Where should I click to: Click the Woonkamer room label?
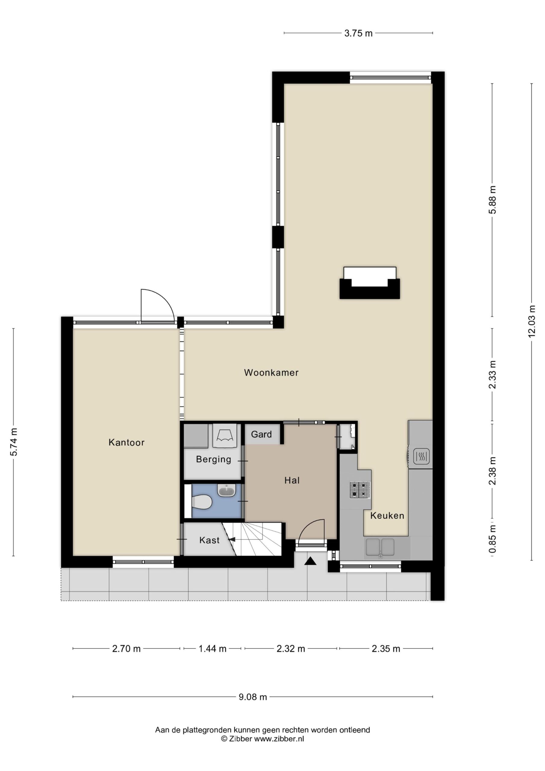(x=271, y=373)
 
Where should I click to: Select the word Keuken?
(x=387, y=515)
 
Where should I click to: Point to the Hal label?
(x=292, y=481)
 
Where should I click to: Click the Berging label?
(x=213, y=459)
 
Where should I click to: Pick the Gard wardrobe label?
(x=261, y=434)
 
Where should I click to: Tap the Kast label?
(x=209, y=540)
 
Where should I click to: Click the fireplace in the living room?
(x=370, y=283)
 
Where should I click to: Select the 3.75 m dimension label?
(x=358, y=33)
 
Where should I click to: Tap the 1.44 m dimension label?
(x=213, y=648)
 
